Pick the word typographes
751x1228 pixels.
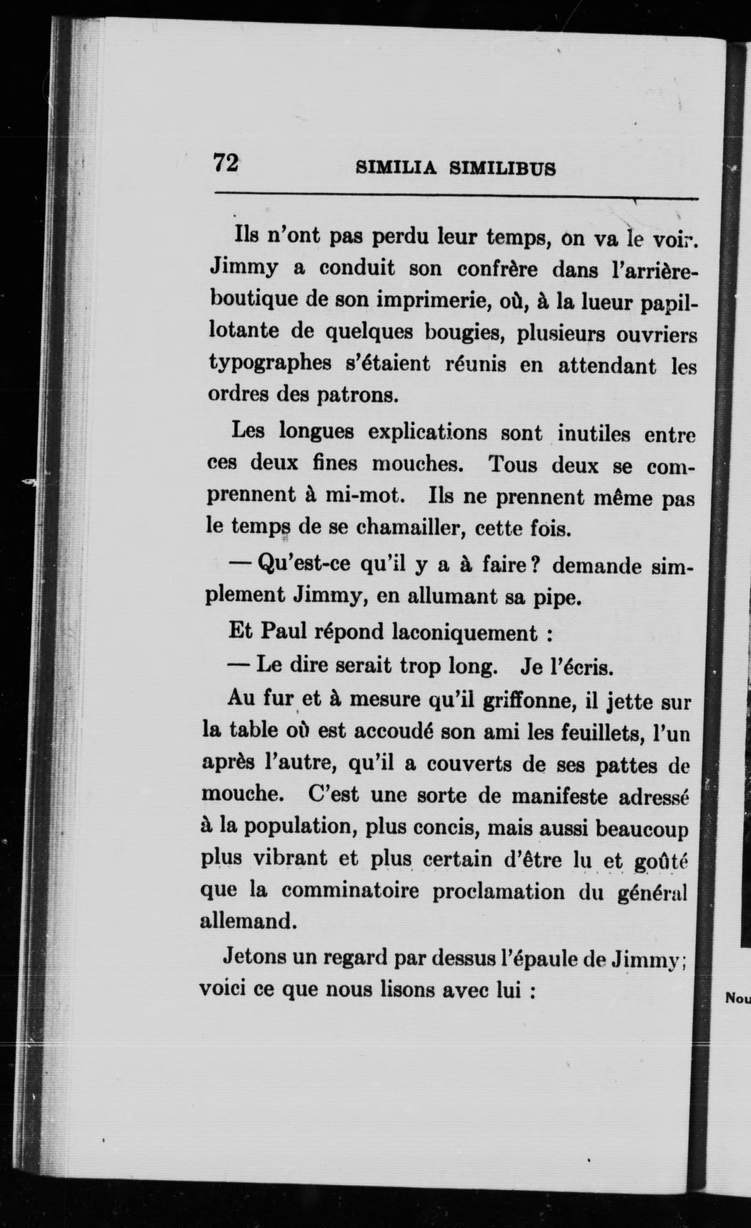point(269,365)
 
